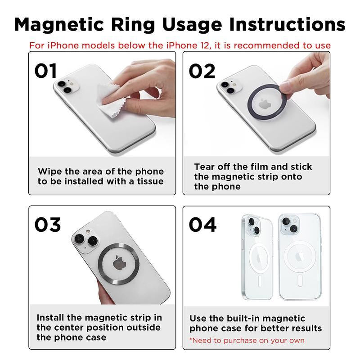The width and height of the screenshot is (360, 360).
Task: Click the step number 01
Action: coord(46,71)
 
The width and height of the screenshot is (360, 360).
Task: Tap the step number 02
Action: coord(202,71)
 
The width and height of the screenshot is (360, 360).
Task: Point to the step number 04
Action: coord(202,225)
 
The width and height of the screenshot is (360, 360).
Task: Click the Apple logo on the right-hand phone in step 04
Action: coord(299,258)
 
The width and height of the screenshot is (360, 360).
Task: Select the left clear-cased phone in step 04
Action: coord(257,256)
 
